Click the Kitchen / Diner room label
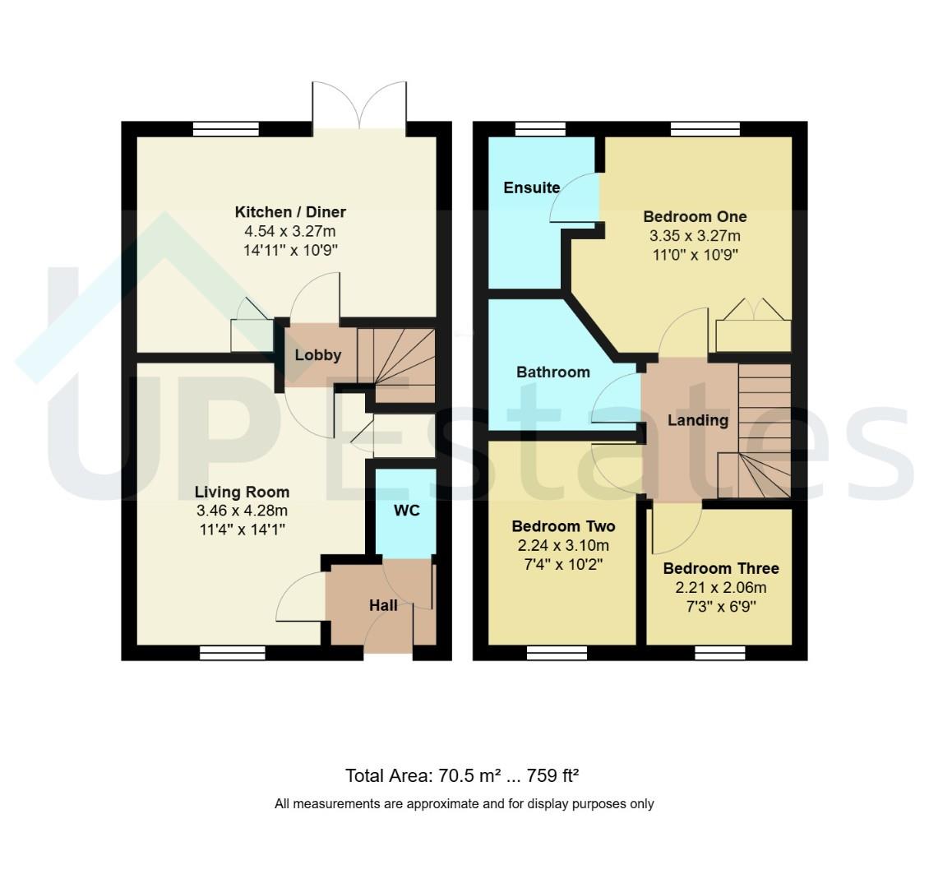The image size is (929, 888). click(290, 212)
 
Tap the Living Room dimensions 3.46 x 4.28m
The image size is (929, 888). click(242, 511)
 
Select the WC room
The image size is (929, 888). click(406, 513)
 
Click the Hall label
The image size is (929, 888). click(383, 605)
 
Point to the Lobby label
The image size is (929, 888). click(318, 355)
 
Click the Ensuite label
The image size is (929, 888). click(531, 187)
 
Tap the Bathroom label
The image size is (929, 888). click(552, 372)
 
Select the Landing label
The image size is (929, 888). click(698, 421)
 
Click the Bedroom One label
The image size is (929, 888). click(695, 217)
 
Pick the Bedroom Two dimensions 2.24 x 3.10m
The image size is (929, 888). click(563, 546)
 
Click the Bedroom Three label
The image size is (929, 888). click(721, 569)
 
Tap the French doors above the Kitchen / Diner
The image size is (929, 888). click(359, 105)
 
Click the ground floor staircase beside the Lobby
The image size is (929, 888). click(396, 366)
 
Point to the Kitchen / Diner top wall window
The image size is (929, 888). click(226, 129)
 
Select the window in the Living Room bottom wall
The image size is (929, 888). click(232, 653)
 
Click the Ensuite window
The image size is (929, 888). click(540, 129)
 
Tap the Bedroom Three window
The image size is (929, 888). click(720, 653)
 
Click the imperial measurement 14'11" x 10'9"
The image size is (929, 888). click(290, 250)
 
